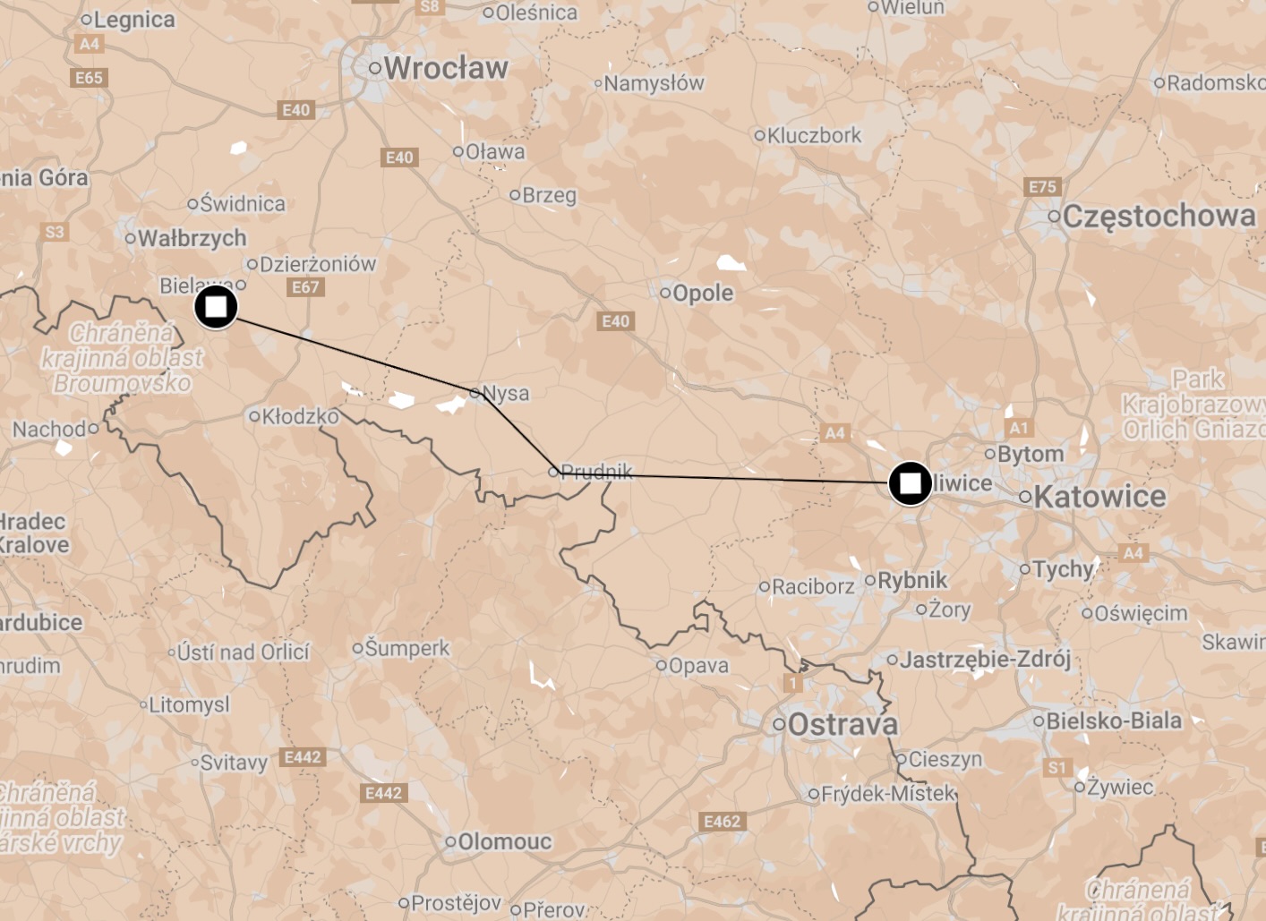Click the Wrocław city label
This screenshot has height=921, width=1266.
pyautogui.click(x=445, y=68)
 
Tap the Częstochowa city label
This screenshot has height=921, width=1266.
pyautogui.click(x=1159, y=216)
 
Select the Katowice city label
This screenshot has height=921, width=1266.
pyautogui.click(x=1099, y=497)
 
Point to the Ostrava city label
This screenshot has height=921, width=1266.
pyautogui.click(x=843, y=724)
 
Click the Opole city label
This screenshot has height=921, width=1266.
pyautogui.click(x=702, y=293)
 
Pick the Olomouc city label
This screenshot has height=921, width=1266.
pyautogui.click(x=504, y=841)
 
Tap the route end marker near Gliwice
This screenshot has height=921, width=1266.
pyautogui.click(x=910, y=483)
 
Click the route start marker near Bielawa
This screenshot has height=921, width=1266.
pyautogui.click(x=216, y=307)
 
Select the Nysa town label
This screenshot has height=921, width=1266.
pyautogui.click(x=505, y=393)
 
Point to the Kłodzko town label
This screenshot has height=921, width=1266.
pyautogui.click(x=300, y=416)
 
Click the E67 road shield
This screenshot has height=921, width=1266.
pyautogui.click(x=305, y=287)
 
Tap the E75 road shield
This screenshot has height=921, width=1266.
pyautogui.click(x=1042, y=187)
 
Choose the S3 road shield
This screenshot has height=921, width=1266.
pyautogui.click(x=55, y=232)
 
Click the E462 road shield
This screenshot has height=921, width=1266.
pyautogui.click(x=722, y=822)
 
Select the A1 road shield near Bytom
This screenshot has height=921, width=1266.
pyautogui.click(x=1019, y=428)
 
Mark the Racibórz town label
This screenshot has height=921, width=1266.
pyautogui.click(x=812, y=587)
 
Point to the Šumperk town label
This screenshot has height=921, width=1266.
pyautogui.click(x=406, y=648)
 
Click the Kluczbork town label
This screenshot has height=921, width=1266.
pyautogui.click(x=814, y=135)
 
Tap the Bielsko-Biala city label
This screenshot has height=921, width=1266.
pyautogui.click(x=1113, y=721)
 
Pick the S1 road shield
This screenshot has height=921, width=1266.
pyautogui.click(x=1057, y=767)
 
